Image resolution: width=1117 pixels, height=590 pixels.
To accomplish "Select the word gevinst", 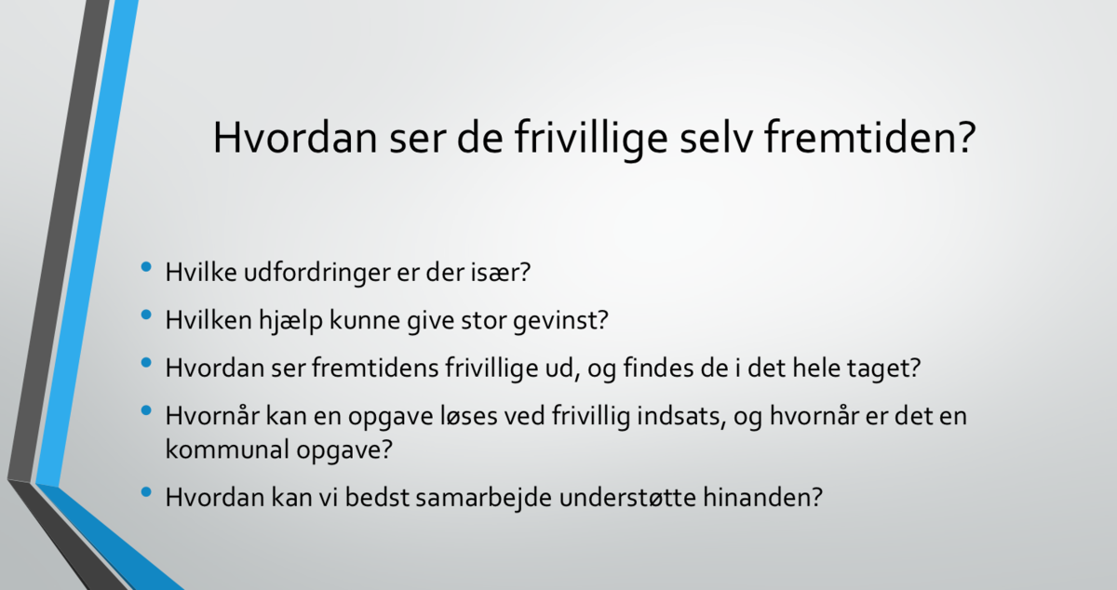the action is [560, 321].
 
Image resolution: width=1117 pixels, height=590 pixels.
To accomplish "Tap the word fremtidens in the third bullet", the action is [375, 369].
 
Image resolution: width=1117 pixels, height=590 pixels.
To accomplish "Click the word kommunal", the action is [227, 449].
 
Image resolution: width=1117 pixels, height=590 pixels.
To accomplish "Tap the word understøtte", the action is [627, 498].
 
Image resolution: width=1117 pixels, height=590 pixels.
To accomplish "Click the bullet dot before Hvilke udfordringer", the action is [146, 267].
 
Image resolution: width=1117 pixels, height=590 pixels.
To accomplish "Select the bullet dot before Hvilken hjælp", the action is [146, 315].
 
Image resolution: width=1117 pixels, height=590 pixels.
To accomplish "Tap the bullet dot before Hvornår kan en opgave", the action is [146, 410].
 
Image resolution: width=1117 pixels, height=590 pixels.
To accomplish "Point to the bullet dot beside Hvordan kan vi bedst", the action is [146, 492].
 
